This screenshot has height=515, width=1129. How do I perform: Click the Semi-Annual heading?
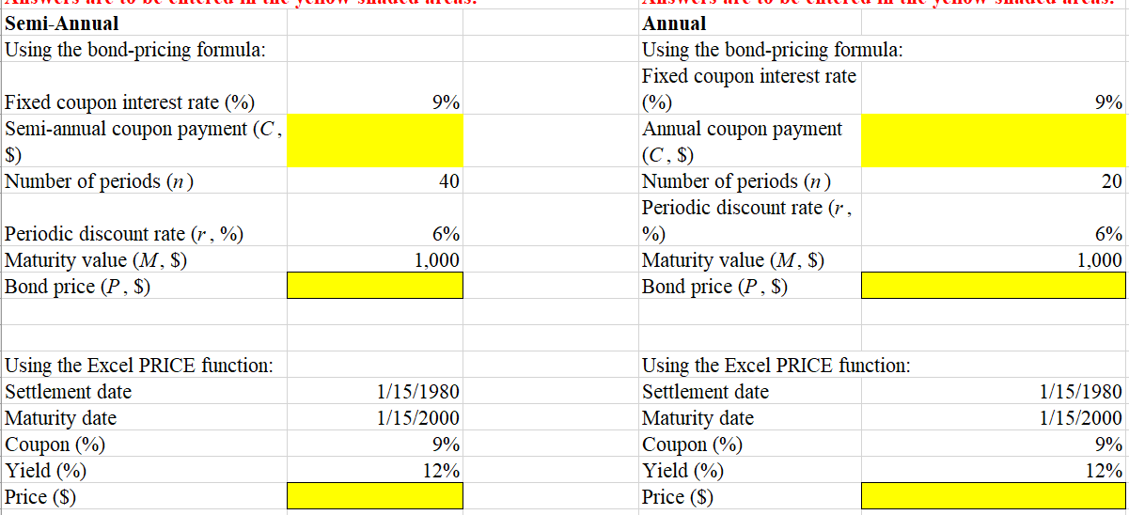tap(62, 23)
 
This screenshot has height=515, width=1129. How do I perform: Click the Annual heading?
tap(673, 23)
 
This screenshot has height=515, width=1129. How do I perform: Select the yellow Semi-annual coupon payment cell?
tap(375, 141)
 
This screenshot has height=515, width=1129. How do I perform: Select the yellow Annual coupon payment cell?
tap(994, 141)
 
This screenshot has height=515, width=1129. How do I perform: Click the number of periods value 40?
tap(448, 181)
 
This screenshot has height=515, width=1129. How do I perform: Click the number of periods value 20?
tap(1112, 181)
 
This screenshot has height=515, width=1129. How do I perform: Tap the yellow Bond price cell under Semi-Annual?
tap(375, 286)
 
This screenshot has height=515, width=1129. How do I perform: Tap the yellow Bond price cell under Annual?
tap(994, 286)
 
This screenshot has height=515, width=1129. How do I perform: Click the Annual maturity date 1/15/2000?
tap(1083, 418)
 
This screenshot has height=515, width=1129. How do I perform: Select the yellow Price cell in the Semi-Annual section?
tap(375, 496)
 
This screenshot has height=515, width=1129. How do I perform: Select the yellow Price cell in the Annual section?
tap(994, 496)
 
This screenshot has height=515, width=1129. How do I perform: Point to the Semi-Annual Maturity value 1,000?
tap(437, 260)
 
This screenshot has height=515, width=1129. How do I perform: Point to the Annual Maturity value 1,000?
tap(1100, 260)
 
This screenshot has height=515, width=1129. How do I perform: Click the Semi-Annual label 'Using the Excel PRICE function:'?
tap(139, 365)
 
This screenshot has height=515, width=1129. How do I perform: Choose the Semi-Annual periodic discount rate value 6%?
tap(446, 234)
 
